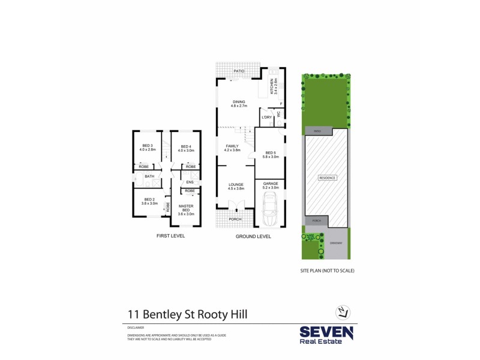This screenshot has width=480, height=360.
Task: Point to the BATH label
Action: click(149, 176)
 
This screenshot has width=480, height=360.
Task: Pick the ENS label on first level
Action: click(190, 182)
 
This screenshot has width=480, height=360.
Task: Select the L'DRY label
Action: click(267, 118)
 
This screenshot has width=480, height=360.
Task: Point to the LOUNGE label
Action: click(236, 186)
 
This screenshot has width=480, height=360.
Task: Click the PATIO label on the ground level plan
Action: click(239, 72)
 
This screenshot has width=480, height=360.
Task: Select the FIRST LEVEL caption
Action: click(170, 236)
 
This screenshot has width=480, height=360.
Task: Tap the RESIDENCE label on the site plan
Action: click(327, 178)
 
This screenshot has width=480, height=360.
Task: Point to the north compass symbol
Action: click(342, 311)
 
